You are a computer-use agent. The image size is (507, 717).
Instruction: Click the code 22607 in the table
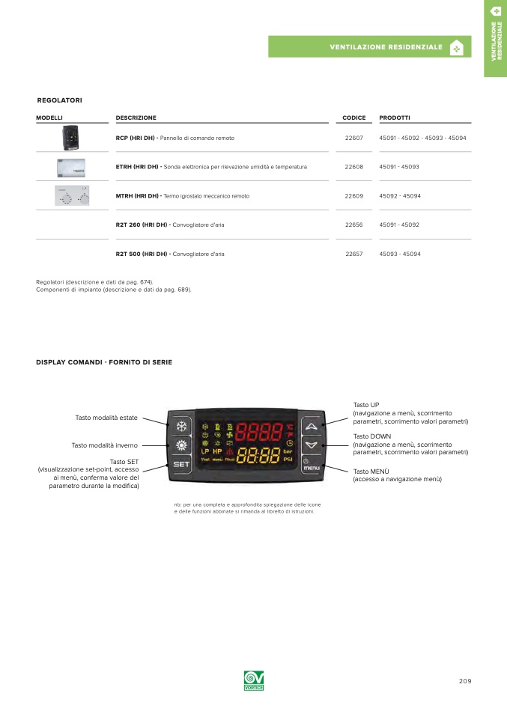[x=353, y=138]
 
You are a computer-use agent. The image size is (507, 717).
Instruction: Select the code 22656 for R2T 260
[x=353, y=225]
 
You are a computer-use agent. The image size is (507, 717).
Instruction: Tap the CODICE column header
[x=353, y=118]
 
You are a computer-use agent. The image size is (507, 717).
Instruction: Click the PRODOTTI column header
[x=395, y=118]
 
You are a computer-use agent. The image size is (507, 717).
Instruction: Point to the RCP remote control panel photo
[x=71, y=138]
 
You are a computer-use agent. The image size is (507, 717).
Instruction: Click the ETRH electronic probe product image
[x=71, y=166]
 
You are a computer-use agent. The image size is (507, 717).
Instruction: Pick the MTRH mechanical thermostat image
[x=71, y=196]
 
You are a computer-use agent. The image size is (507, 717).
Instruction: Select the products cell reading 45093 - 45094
[x=400, y=254]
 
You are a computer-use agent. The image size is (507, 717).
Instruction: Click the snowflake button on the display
[x=181, y=427]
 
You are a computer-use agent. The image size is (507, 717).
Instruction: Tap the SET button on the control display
[x=181, y=465]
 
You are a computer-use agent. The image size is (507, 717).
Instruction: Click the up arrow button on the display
[x=312, y=427]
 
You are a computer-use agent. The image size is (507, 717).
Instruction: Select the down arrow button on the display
[x=312, y=445]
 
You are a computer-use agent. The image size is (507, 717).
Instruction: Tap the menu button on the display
[x=312, y=465]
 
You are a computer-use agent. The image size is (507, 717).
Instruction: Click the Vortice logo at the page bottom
[x=254, y=681]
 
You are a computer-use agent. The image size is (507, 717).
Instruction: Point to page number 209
[x=465, y=681]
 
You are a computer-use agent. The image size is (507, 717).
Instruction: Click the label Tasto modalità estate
[x=106, y=418]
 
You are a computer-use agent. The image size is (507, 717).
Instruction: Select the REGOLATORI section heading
[x=59, y=100]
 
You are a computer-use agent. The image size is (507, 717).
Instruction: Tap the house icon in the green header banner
[x=455, y=47]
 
